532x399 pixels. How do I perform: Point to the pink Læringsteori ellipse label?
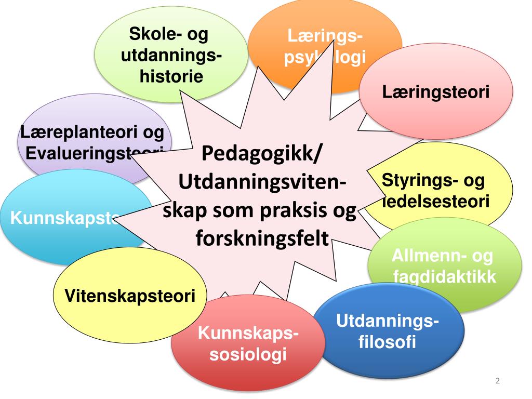[x=436, y=93]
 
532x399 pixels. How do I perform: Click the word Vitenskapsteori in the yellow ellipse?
[x=130, y=296]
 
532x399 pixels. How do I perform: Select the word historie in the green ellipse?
[x=171, y=76]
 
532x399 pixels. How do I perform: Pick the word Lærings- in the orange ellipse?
[x=325, y=37]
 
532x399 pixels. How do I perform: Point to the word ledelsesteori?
[x=436, y=201]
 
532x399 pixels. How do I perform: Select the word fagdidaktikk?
[x=444, y=276]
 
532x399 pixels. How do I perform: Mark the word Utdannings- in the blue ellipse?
[x=388, y=322]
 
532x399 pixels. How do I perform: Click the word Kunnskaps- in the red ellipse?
[x=248, y=335]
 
